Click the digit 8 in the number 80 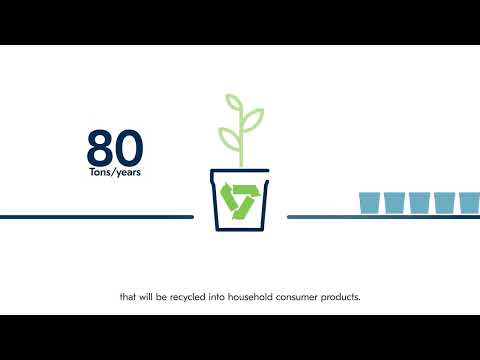coord(101,147)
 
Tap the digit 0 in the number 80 coord(129,147)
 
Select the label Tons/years coord(115,171)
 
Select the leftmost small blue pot coord(371,202)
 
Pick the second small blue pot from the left coord(395,202)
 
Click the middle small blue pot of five coord(420,202)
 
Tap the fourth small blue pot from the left coord(444,202)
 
